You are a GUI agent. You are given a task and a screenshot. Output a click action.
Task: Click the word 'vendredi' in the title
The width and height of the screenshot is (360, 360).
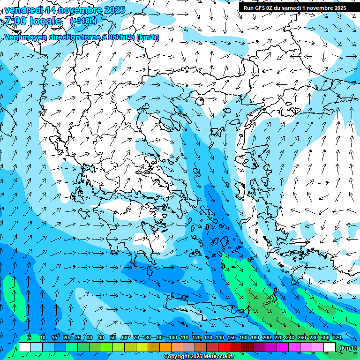pos(22,10)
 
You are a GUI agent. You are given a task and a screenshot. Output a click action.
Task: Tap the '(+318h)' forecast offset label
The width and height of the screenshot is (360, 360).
pos(83,21)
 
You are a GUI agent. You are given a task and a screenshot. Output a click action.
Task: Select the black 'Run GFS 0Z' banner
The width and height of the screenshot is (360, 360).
pos(294,7)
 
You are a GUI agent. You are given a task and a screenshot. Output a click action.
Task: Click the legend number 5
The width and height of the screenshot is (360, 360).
pos(30,338)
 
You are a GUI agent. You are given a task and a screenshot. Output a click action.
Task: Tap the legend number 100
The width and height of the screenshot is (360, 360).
pos(172,338)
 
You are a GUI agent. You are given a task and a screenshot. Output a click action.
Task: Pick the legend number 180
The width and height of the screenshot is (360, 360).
pos(255,338)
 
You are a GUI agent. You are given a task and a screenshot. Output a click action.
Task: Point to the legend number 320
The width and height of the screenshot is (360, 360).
pos(337,338)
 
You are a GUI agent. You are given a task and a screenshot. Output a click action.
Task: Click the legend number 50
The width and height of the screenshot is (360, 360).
pos(113,338)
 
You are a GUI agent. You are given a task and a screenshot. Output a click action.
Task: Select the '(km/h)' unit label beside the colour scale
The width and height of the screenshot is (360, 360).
pos(347,348)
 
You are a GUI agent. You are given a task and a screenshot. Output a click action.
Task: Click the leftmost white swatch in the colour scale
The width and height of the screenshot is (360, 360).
pos(25,347)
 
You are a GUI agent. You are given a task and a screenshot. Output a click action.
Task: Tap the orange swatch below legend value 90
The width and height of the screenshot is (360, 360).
pos(165,347)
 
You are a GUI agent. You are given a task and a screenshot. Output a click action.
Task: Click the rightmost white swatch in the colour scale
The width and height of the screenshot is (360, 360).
pos(330,347)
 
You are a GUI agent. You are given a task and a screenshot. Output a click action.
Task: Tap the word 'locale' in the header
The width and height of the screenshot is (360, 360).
pos(45,21)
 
